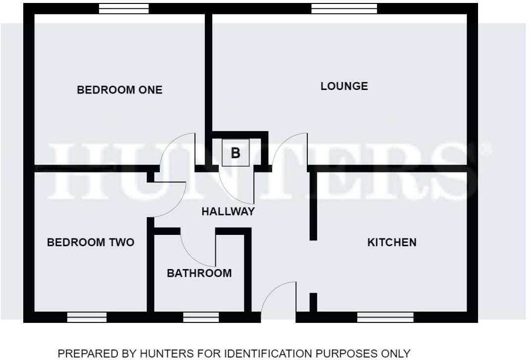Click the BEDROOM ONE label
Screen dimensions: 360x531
click(119, 90)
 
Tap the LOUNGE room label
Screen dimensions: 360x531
click(344, 86)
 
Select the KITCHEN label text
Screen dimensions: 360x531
click(391, 242)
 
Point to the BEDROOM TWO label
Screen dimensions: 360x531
click(90, 242)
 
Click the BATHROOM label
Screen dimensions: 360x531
click(199, 273)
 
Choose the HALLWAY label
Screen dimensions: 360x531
click(228, 212)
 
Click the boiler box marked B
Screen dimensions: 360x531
click(236, 153)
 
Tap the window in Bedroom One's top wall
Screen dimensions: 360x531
click(124, 8)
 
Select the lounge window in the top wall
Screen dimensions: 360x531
click(344, 8)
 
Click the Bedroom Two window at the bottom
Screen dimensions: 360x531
click(87, 317)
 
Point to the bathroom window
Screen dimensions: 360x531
click(201, 317)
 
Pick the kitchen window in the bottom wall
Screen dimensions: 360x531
click(385, 317)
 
